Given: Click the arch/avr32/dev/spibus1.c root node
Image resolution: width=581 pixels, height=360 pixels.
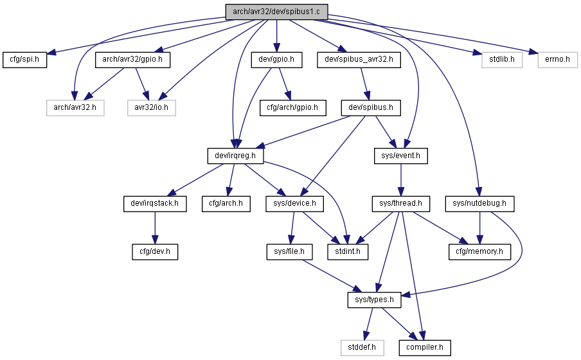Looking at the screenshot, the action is pos(276,12).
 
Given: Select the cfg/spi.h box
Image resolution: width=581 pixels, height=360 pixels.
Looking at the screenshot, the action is pos(25,60).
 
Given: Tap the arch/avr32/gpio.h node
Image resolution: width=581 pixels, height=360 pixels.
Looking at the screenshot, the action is pos(132,60).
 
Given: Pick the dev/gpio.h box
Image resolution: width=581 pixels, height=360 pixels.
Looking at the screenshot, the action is pos(276,60).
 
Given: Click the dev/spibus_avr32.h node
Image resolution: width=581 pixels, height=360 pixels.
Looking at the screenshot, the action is pos(359,60).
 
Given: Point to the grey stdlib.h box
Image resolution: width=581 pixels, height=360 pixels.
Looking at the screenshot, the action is pos(502,60).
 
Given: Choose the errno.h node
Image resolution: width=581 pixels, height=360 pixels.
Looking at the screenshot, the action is pos(558,60).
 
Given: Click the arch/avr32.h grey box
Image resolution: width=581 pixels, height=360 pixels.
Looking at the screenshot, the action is pos(75,108).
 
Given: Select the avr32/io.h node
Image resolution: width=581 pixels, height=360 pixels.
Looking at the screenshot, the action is pos(152,108).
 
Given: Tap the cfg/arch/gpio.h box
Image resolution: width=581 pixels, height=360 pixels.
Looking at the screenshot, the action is pos(292,108).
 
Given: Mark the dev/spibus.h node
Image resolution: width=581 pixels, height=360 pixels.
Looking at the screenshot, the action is pos(371,108).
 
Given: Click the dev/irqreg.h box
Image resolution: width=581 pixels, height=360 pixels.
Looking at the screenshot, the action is pos(236,156).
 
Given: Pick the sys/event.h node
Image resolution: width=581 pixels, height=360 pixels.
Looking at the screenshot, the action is pos(401,156).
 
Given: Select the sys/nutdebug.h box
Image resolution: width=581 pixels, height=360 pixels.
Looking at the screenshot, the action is pos(480,204).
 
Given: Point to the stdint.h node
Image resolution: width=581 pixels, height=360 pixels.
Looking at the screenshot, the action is pos(348,252).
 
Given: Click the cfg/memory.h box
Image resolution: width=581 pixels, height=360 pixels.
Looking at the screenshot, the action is pos(480,252).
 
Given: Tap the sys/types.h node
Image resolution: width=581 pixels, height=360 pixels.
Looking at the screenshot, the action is pos(374,300).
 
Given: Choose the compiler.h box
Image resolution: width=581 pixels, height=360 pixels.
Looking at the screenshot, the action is pos(425,348).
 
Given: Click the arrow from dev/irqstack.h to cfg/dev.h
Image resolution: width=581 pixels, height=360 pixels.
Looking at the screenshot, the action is pos(155,228).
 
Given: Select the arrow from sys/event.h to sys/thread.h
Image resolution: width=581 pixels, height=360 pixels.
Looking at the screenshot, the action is pos(401,180).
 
